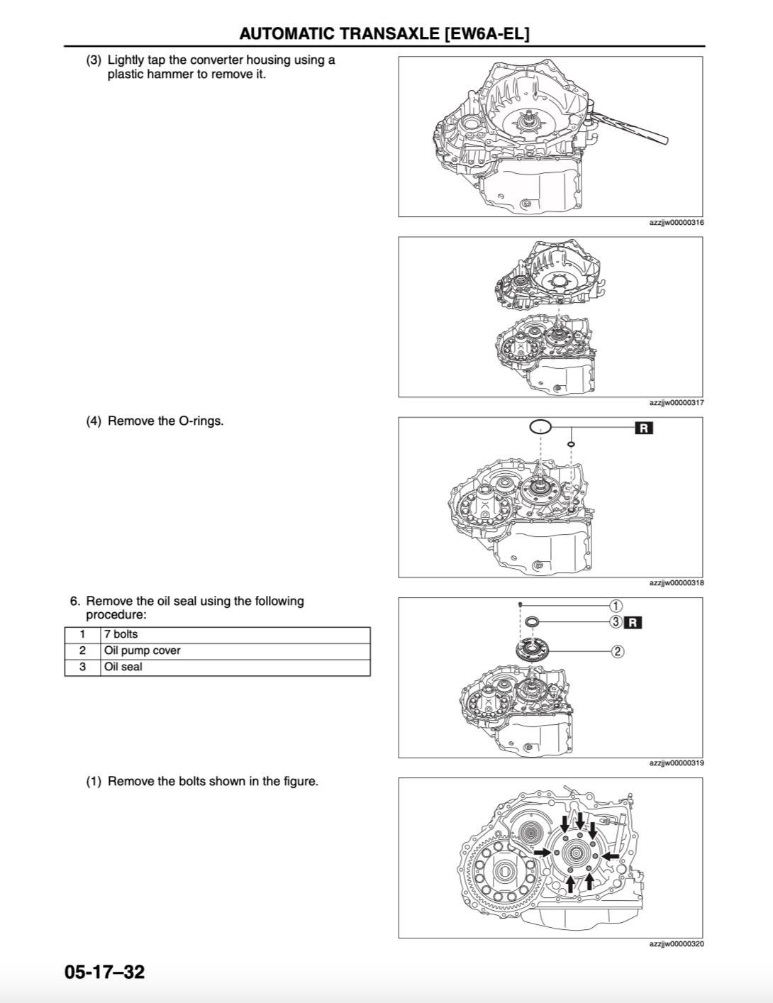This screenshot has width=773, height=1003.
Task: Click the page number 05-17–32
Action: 104,971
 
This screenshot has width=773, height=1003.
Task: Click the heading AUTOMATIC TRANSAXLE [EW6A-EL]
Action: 384,33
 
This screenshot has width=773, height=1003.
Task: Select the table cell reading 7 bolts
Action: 121,634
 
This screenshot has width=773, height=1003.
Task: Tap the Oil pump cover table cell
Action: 143,650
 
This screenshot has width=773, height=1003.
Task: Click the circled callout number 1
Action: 616,605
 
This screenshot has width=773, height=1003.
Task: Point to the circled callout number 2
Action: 617,651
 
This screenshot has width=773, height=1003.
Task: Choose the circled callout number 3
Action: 616,622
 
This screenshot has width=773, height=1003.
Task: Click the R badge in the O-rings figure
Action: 643,428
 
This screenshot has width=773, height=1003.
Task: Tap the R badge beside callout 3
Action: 633,622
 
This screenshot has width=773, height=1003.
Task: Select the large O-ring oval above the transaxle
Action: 540,427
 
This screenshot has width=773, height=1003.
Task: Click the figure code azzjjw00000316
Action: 676,223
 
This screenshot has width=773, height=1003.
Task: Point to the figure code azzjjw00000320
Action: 676,943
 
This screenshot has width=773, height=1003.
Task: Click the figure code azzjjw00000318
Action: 676,583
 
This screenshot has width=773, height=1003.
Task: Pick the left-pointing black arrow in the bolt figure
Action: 609,856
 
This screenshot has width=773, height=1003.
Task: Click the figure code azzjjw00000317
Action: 676,403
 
